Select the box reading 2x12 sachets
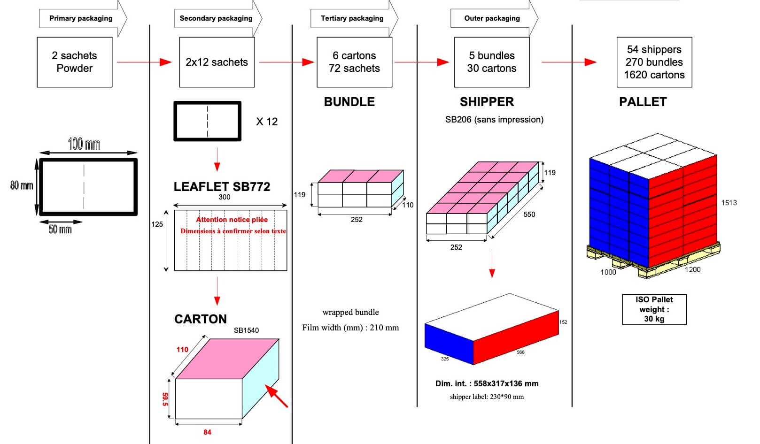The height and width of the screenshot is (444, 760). (x=217, y=62)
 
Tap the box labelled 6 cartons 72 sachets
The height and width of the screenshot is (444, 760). (x=354, y=62)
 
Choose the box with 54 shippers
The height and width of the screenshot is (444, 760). (x=654, y=62)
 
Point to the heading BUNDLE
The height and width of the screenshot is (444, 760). (x=349, y=102)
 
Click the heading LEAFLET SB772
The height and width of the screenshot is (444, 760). (x=222, y=187)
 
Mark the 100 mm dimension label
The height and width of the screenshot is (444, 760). (x=84, y=144)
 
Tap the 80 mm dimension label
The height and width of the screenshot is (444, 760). (x=22, y=185)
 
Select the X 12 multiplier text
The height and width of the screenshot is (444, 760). (x=266, y=122)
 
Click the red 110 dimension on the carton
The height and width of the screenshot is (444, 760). (x=182, y=350)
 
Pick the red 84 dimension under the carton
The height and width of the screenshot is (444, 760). (x=207, y=432)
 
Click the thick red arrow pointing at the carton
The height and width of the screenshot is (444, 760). (x=277, y=396)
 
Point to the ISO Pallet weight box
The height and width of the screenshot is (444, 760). (x=654, y=309)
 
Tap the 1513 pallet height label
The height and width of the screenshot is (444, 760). (x=729, y=203)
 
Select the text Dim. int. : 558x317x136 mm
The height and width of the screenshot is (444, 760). (x=487, y=383)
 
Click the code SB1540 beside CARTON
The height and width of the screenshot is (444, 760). (x=246, y=330)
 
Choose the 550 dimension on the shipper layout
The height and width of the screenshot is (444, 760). (x=529, y=214)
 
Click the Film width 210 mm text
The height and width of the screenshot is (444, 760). (x=350, y=328)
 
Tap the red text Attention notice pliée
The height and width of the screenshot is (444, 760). (x=232, y=220)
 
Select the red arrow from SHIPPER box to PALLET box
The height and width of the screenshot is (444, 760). (x=569, y=62)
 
